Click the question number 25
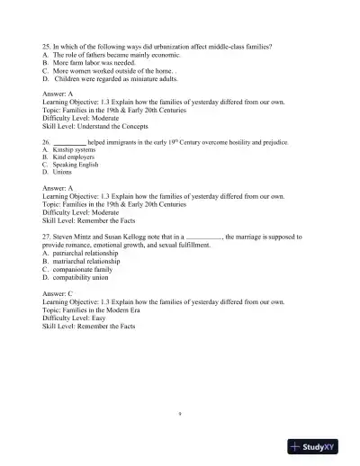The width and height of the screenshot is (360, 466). (47, 45)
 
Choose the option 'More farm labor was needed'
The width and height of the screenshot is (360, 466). (92, 61)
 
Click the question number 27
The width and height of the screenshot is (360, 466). (47, 237)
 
